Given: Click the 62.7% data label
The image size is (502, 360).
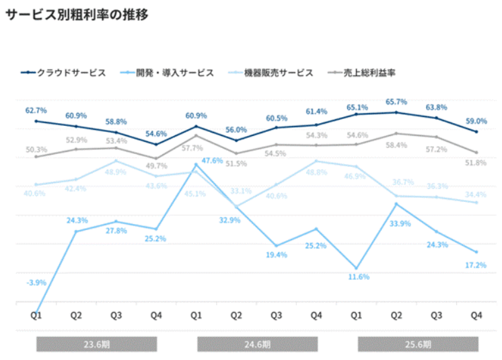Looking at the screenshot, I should (x=36, y=110).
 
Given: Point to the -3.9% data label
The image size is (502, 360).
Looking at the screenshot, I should (x=36, y=283).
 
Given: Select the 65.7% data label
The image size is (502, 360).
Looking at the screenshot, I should (x=396, y=102).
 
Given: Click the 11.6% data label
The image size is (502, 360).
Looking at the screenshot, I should (x=359, y=277).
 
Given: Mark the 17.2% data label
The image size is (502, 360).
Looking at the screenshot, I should (x=476, y=265).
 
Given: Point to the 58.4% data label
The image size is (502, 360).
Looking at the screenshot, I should (x=396, y=145).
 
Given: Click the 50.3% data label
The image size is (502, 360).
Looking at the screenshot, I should (x=36, y=149).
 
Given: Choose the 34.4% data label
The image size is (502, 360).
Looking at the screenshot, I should (x=476, y=194).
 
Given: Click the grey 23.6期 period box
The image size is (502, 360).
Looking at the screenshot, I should (x=96, y=345).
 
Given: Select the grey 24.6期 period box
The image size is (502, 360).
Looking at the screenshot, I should (x=257, y=345).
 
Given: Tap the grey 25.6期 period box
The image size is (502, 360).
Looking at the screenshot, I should (x=418, y=345).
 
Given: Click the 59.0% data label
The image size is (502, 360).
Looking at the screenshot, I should (x=476, y=121).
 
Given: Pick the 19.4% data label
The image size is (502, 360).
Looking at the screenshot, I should (x=277, y=255).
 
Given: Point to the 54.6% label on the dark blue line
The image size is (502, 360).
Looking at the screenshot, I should (x=156, y=133).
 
